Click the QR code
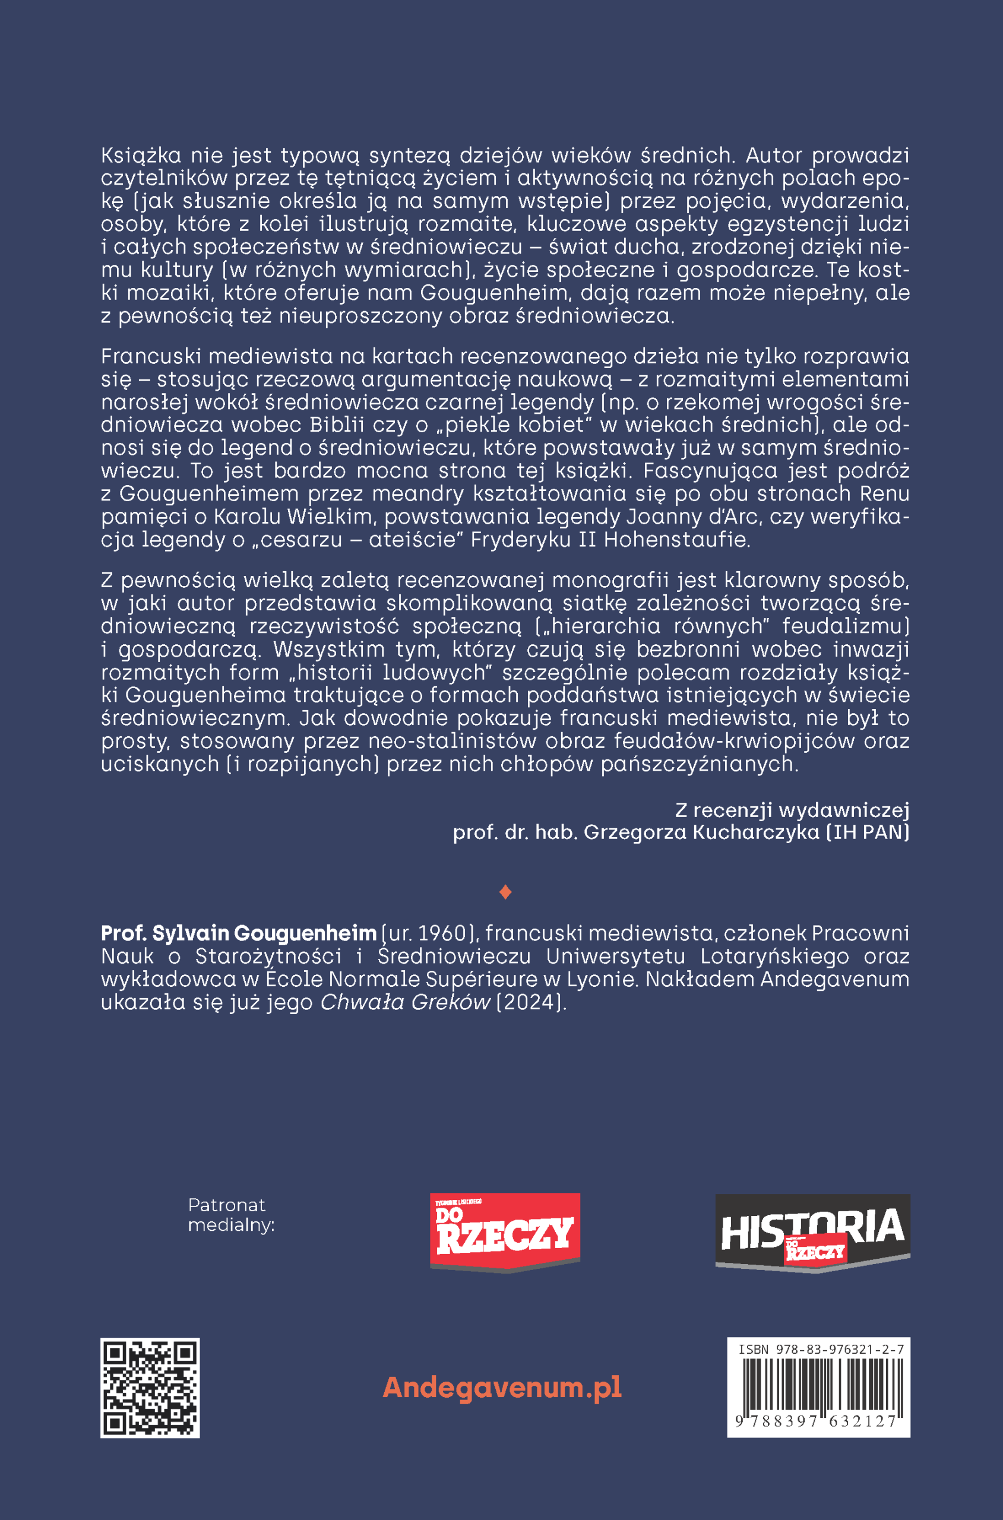(150, 1388)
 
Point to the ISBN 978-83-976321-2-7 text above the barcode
(821, 1349)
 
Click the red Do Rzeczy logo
(505, 1232)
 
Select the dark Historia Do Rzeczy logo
(812, 1233)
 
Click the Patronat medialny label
(230, 1215)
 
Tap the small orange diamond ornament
(505, 892)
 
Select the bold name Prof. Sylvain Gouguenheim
(239, 933)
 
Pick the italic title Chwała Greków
(405, 1002)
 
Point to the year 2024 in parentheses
(531, 1002)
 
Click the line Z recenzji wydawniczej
(792, 810)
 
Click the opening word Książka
(141, 156)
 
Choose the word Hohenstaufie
(676, 539)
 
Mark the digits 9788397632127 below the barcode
(817, 1421)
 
